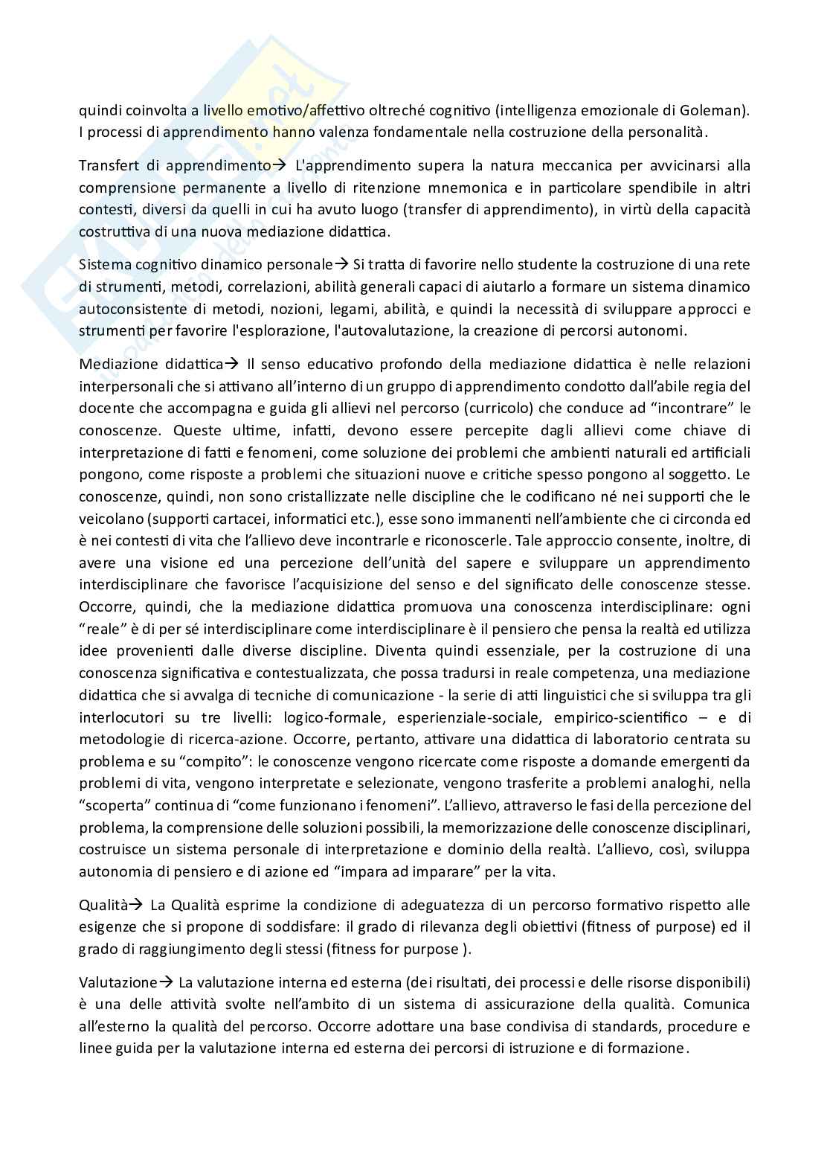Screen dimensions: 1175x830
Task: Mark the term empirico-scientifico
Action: tap(608, 717)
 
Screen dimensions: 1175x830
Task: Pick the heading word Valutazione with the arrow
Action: tap(118, 982)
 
